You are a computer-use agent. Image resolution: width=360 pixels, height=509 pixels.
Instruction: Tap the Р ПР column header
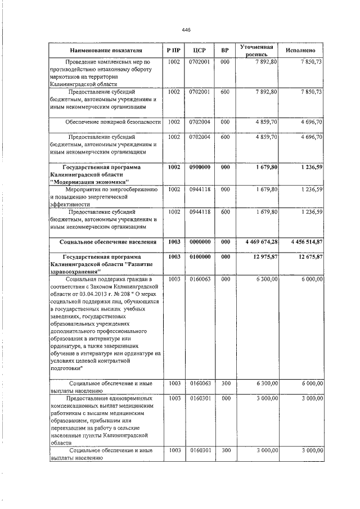coord(174,50)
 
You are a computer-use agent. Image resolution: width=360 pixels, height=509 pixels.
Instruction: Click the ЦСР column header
coord(199,50)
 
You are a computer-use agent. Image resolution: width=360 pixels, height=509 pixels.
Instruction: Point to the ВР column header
coord(224,50)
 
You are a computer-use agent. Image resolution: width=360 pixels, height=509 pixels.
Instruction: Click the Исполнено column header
coord(303,50)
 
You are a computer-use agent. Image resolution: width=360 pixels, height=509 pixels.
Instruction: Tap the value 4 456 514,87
coord(303,242)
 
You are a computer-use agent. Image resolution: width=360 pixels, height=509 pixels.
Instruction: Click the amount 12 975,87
coord(264,257)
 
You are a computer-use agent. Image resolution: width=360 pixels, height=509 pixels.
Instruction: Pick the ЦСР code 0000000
coord(199,242)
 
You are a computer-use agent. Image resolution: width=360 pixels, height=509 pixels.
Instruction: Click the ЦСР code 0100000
coord(199,257)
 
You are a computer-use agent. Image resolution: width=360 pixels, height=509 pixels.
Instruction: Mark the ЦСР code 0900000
coord(199,167)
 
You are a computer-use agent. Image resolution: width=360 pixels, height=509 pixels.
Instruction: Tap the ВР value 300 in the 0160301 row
coord(224,451)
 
